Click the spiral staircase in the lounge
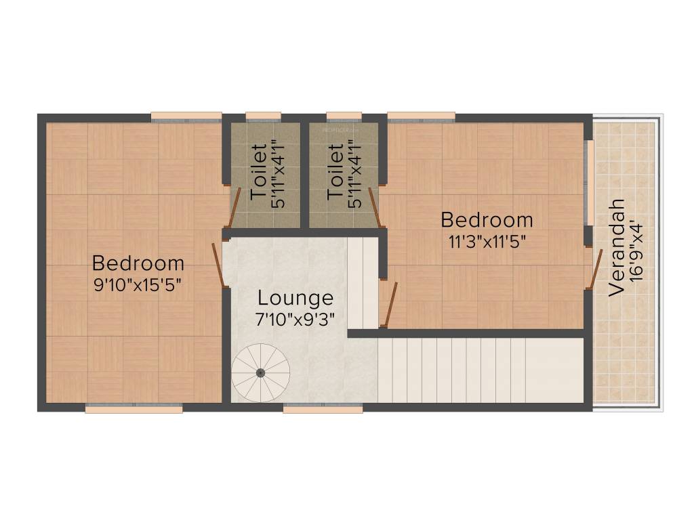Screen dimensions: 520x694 pyautogui.click(x=261, y=372)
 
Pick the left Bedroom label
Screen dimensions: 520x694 pyautogui.click(x=138, y=263)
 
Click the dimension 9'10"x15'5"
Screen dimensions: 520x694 pyautogui.click(x=138, y=284)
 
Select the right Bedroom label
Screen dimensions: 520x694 pyautogui.click(x=487, y=220)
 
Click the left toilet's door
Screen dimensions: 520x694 pyautogui.click(x=233, y=207)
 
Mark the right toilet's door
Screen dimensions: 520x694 pyautogui.click(x=374, y=207)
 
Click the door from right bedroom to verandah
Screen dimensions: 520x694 pyautogui.click(x=594, y=269)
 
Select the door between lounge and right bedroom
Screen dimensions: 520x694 pyautogui.click(x=389, y=305)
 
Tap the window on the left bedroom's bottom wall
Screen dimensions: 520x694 pyautogui.click(x=134, y=408)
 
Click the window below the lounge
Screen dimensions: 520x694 pyautogui.click(x=323, y=408)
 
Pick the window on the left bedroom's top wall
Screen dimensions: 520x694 pyautogui.click(x=186, y=116)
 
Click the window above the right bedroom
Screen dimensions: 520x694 pyautogui.click(x=421, y=116)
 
